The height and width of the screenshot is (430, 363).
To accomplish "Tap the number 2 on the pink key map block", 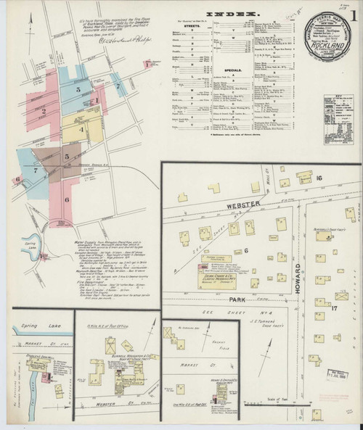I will (44, 111).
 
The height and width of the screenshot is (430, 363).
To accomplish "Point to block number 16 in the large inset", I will (318, 177).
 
